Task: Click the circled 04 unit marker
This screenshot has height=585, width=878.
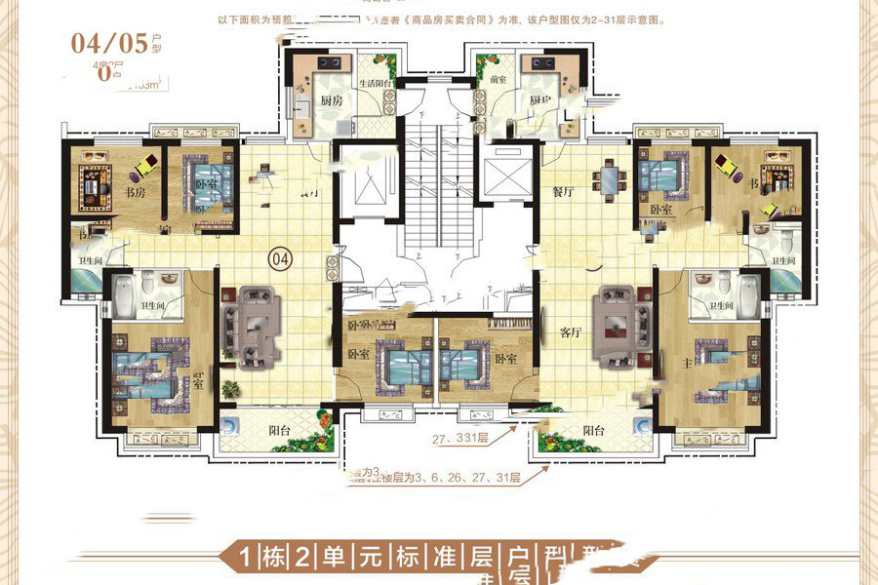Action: (x=281, y=259)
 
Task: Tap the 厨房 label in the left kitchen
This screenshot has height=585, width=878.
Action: (x=330, y=100)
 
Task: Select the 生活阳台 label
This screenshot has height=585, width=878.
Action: (x=376, y=85)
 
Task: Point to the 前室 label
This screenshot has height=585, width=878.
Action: (x=500, y=80)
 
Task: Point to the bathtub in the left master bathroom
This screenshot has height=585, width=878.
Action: (x=125, y=292)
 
